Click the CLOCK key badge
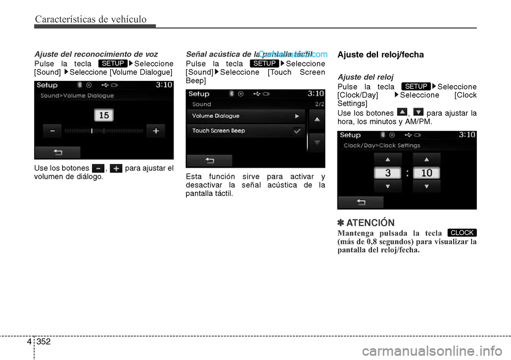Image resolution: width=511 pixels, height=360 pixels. click(462, 233)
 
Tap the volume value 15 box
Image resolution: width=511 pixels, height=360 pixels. click(104, 115)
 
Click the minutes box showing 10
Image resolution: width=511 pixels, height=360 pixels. click(426, 173)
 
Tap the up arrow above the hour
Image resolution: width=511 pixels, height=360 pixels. click(387, 159)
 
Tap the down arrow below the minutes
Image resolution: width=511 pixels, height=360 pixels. click(426, 186)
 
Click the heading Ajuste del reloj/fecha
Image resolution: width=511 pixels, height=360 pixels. click(381, 54)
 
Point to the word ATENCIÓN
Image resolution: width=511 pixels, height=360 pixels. click(370, 223)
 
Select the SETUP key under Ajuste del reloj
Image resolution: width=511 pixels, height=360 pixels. click(416, 86)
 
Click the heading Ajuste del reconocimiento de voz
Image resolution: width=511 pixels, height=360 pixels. click(96, 54)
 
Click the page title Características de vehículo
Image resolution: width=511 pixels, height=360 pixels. click(90, 20)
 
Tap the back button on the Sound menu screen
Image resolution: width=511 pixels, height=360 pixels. click(209, 160)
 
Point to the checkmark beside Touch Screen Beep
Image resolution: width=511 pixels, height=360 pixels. click(297, 130)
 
